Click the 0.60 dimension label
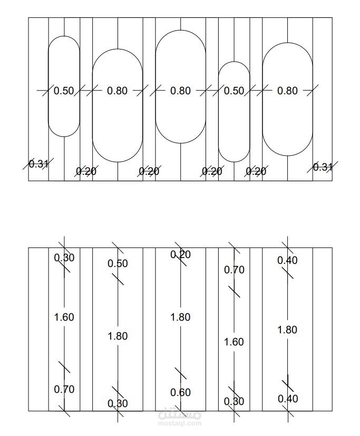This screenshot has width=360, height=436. click(x=180, y=393)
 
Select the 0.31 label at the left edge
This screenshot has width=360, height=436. click(x=38, y=164)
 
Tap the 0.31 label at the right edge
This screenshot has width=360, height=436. click(x=323, y=167)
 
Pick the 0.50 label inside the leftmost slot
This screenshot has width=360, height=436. click(x=64, y=91)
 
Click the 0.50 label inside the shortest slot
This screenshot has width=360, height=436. click(x=234, y=91)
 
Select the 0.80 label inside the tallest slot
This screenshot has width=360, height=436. click(x=180, y=91)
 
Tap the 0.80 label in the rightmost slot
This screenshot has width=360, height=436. click(x=287, y=91)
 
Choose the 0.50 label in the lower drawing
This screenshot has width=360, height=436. click(x=118, y=264)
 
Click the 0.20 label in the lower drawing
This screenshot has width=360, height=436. click(x=180, y=254)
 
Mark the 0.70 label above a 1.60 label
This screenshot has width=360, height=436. click(x=234, y=270)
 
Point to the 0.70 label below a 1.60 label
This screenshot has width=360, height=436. click(x=64, y=390)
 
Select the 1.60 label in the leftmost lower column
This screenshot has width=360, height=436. click(x=64, y=318)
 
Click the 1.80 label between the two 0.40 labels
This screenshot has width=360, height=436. click(x=287, y=330)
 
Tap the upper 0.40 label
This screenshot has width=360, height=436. click(x=287, y=260)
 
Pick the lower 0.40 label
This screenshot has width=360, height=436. click(x=288, y=399)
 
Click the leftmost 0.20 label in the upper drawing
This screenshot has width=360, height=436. click(x=86, y=171)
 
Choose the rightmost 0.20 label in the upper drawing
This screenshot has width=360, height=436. click(x=256, y=171)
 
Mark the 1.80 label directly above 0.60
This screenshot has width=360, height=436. click(x=180, y=318)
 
